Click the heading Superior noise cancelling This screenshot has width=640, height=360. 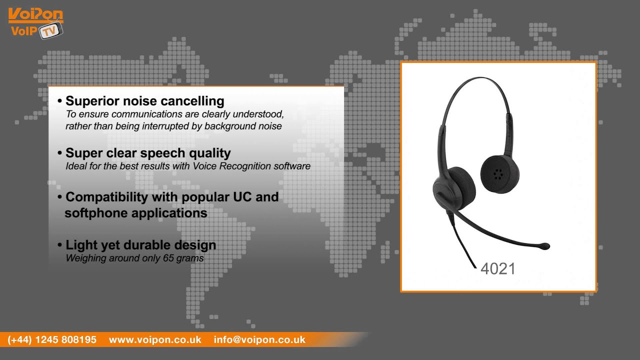pos(144,101)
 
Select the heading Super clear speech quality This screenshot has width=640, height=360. pos(148,153)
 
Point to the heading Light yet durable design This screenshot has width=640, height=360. pos(140,245)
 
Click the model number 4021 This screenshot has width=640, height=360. pos(497,268)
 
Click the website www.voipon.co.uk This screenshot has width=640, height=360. pos(155,339)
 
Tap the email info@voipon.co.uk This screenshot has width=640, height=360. pos(259,339)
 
